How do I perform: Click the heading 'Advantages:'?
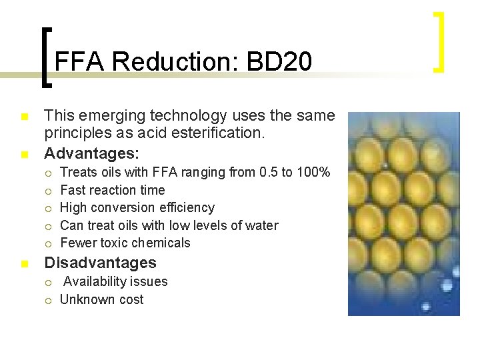tap(91, 153)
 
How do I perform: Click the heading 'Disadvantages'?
tap(100, 263)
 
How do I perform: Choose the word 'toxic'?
tap(115, 243)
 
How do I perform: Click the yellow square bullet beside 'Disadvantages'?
tap(25, 263)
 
